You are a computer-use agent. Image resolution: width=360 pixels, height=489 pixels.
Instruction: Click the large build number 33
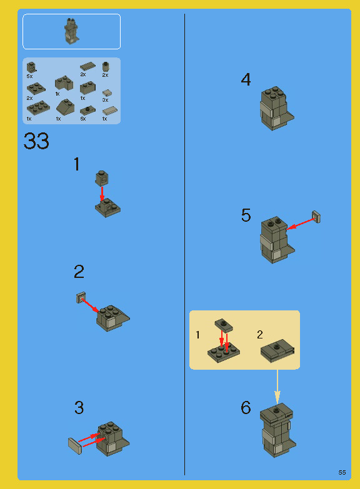[x=36, y=141]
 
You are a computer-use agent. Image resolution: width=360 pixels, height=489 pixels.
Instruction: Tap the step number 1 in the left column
[x=76, y=165]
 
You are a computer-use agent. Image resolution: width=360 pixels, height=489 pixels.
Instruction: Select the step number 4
[x=246, y=80]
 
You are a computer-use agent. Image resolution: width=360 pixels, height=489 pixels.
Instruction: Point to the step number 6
[x=246, y=408]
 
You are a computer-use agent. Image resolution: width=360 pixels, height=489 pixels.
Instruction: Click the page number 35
[x=342, y=472]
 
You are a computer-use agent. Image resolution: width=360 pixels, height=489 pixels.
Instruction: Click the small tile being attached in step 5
[x=317, y=217]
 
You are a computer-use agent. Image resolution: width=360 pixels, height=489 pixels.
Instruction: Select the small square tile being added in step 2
[x=80, y=297]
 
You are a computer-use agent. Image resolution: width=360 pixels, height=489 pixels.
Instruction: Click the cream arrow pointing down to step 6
[x=277, y=387]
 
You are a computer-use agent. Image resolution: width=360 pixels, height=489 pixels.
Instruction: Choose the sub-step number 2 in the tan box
[x=260, y=335]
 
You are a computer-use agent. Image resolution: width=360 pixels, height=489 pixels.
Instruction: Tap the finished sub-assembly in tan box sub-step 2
[x=278, y=352]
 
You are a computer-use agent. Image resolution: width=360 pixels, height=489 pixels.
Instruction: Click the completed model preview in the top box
[x=71, y=31]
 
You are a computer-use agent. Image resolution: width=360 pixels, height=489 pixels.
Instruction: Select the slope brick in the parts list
[x=65, y=107]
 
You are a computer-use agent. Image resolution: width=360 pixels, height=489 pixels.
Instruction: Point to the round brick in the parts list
[x=106, y=66]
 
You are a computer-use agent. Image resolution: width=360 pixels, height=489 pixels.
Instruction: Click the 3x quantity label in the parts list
[x=105, y=100]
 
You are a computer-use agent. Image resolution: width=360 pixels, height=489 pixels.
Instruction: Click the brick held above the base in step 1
[x=101, y=177]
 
